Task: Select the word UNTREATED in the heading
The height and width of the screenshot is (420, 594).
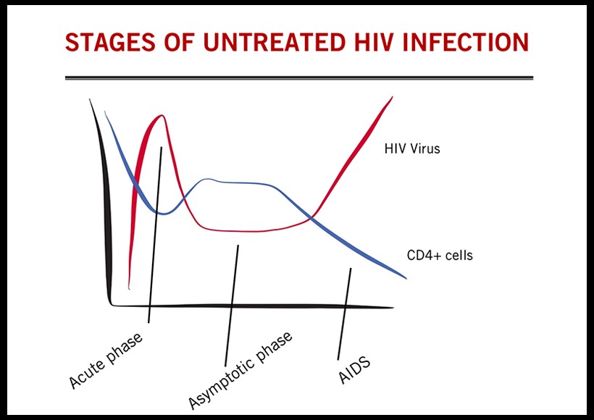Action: pos(275,42)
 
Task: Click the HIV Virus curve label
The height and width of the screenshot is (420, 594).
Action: pos(412,148)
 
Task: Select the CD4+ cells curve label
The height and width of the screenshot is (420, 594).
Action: pos(440,255)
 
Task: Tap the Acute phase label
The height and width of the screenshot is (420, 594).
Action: pos(106,361)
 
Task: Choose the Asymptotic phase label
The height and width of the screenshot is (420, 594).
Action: pos(240,370)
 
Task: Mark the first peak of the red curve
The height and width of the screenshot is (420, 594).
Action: pos(162,115)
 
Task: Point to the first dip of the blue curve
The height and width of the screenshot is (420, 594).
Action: pos(164,214)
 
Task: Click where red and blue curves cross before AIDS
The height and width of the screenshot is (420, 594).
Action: pos(311,217)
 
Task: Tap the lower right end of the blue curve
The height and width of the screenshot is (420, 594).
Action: pos(406,278)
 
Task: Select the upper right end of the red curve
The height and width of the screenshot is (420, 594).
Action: pos(392,97)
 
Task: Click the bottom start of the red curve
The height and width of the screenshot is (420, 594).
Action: pos(130,289)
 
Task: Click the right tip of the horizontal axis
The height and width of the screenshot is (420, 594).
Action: pos(393,307)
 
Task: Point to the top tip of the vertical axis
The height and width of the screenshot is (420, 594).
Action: pos(90,100)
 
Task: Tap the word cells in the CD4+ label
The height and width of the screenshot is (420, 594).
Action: pos(459,255)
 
